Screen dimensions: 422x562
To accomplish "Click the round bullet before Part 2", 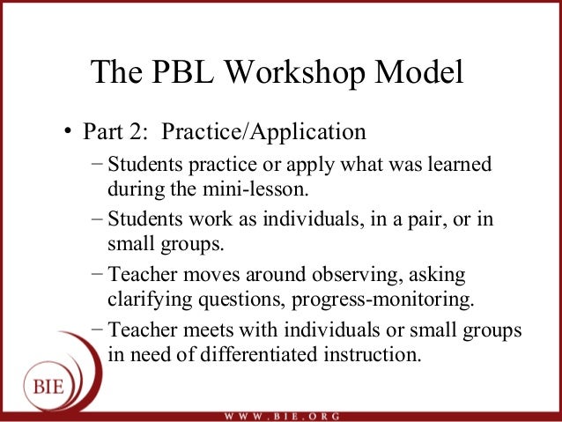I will tap(65, 134).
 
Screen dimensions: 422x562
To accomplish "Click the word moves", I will tap(196, 274).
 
